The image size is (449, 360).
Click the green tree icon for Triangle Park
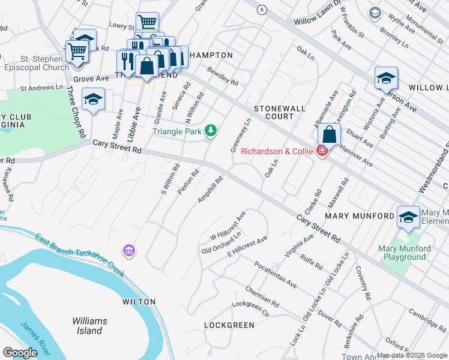click(210, 130)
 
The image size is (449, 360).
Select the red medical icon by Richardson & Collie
click(322, 151)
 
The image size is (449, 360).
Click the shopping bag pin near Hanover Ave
click(329, 134)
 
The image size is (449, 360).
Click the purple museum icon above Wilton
click(128, 250)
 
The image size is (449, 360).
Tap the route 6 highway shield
click(261, 10)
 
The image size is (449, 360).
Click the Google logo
click(20, 353)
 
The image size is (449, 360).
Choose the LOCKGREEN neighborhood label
click(229, 325)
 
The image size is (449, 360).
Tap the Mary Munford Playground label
click(405, 253)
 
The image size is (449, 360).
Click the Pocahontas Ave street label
click(275, 274)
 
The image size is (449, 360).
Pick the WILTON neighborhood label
click(139, 302)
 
